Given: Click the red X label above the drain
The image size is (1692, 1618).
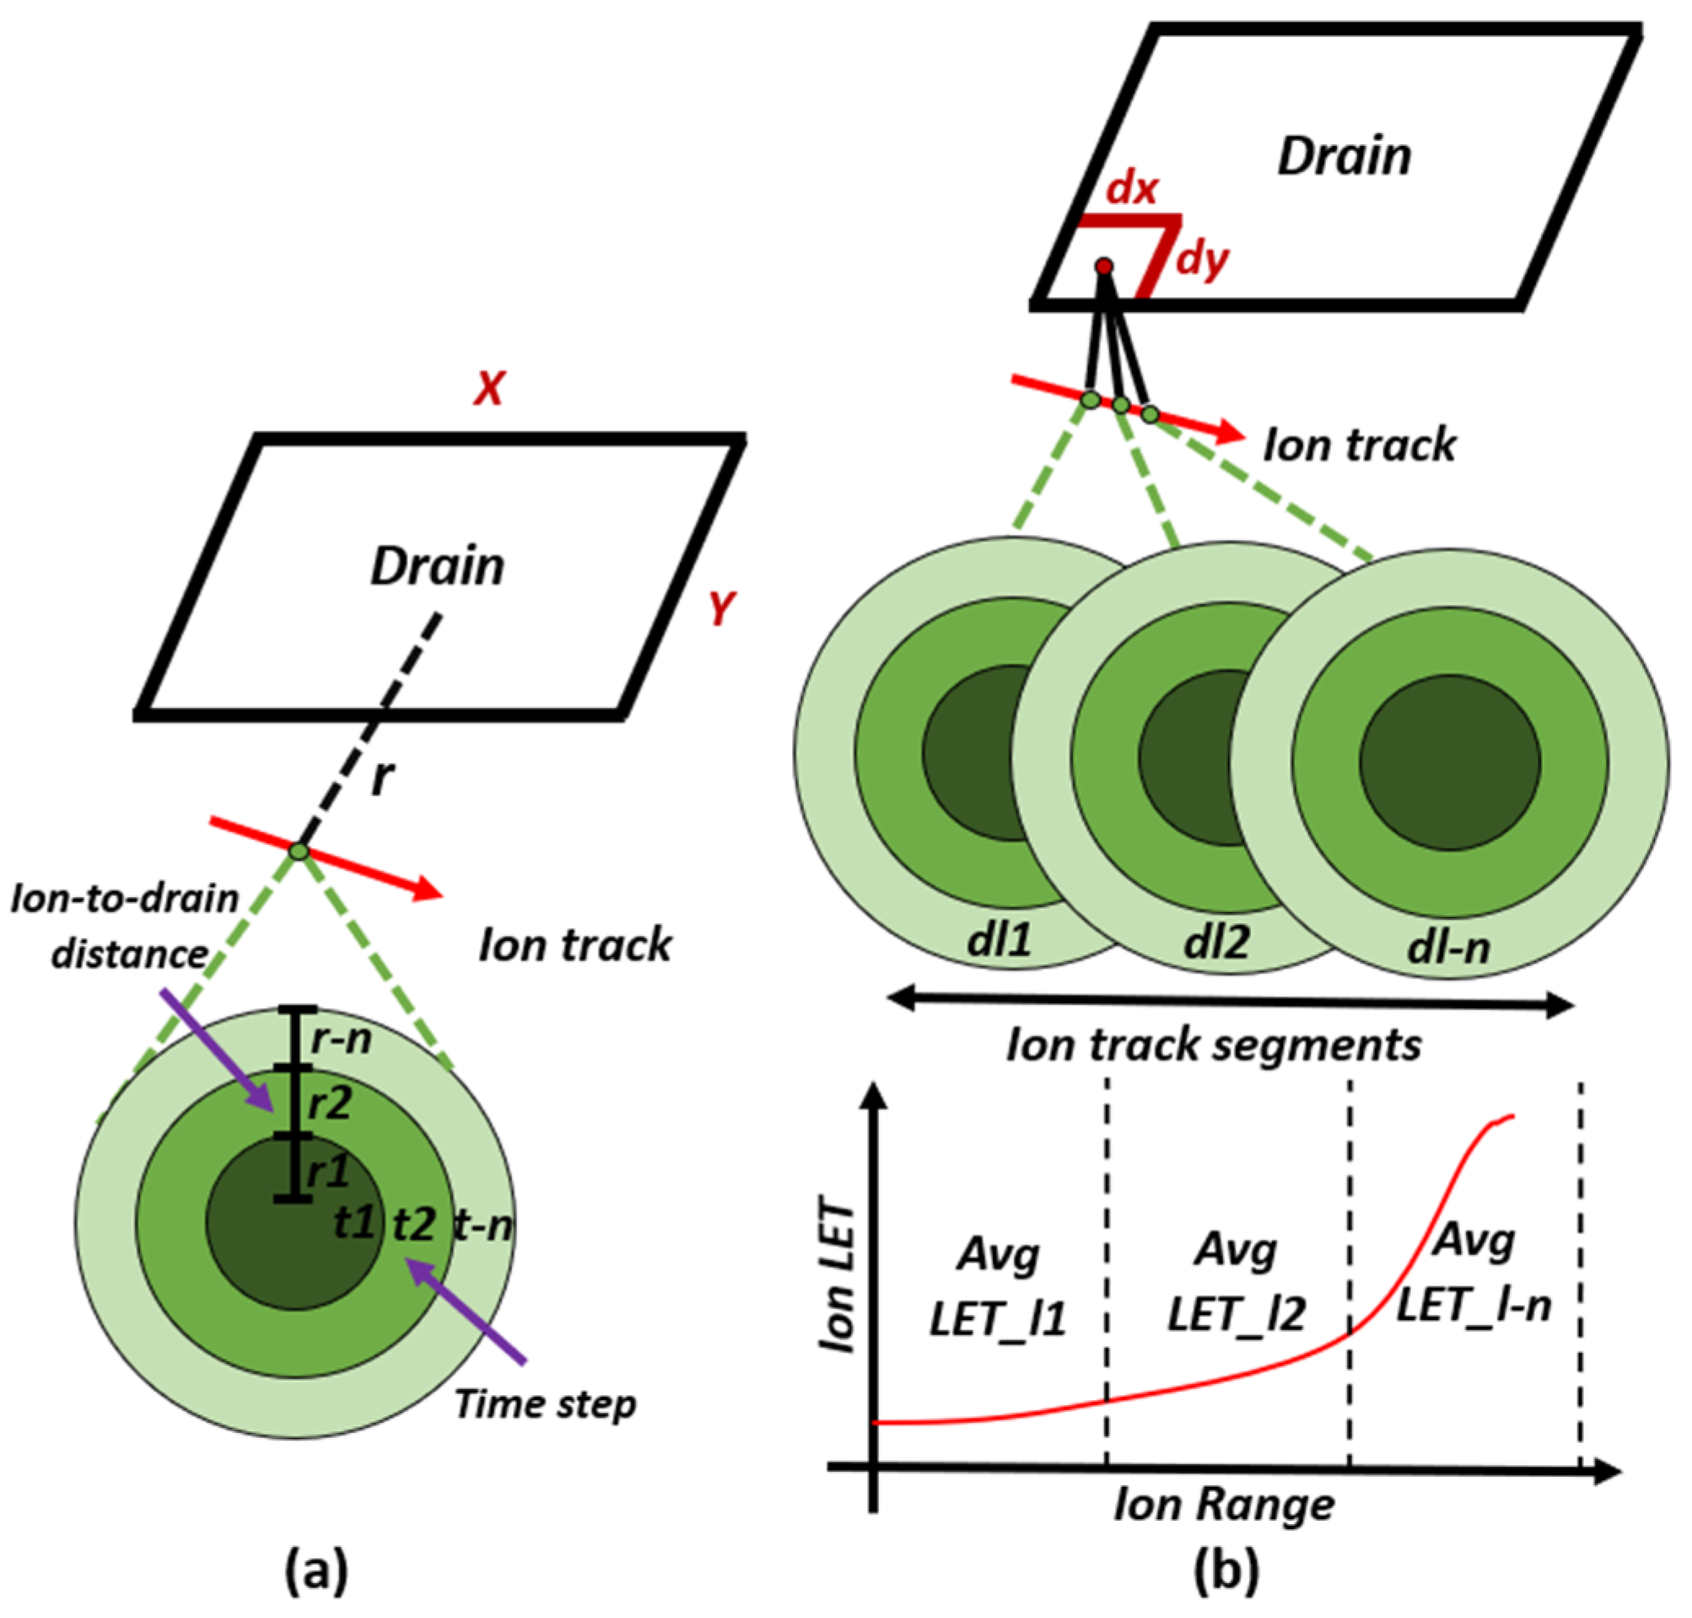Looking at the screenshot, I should click(x=489, y=389).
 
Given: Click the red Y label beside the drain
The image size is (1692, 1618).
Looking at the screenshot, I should click(x=721, y=608).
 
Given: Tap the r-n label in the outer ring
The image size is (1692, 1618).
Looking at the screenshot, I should click(x=342, y=1039).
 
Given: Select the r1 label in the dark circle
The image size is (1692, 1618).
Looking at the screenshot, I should click(x=329, y=1170).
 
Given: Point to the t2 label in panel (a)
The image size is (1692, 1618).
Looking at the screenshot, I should click(x=413, y=1223).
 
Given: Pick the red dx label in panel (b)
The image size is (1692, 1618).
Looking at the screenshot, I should click(x=1132, y=189).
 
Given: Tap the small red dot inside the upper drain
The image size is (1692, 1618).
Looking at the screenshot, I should click(x=1104, y=267).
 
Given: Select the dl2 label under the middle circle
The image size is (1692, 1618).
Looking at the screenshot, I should click(x=1217, y=942).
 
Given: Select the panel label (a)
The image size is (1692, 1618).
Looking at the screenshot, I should click(x=317, y=1568).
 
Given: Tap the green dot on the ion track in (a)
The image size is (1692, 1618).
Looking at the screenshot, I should click(x=298, y=851).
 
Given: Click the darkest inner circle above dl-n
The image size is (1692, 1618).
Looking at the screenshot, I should click(x=1450, y=762).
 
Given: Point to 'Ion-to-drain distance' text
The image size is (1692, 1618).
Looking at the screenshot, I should click(x=126, y=926).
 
